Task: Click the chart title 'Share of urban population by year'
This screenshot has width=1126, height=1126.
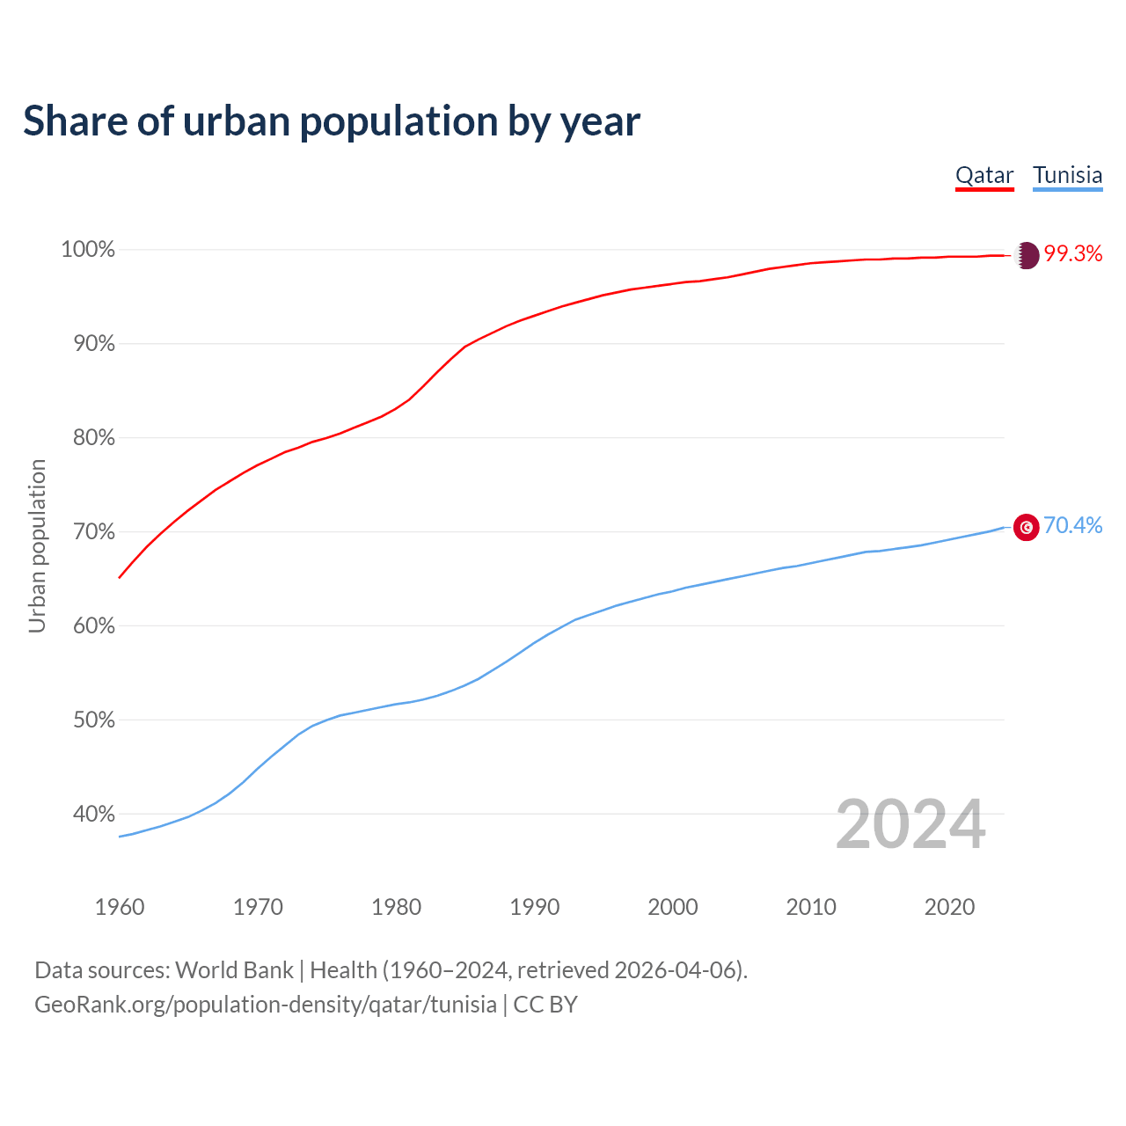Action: [x=332, y=121]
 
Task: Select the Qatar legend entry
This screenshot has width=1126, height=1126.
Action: [x=984, y=175]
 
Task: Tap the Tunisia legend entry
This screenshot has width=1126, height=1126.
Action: [x=1067, y=175]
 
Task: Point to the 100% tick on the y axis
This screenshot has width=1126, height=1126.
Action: [x=88, y=250]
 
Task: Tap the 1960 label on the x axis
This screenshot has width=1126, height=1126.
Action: [x=120, y=907]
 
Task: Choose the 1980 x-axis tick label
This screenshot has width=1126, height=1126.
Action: [x=397, y=907]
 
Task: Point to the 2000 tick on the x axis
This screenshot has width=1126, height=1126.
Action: [x=673, y=907]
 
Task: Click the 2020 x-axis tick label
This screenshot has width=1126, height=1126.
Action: [x=949, y=907]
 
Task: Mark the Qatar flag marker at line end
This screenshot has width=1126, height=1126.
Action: [x=1027, y=255]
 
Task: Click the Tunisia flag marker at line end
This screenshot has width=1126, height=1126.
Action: [x=1027, y=527]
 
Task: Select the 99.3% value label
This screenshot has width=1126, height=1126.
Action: [x=1073, y=254]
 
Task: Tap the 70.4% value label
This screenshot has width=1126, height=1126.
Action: [x=1073, y=526]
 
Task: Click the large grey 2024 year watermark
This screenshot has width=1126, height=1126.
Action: [x=910, y=824]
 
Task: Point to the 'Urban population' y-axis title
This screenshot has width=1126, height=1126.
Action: [x=37, y=545]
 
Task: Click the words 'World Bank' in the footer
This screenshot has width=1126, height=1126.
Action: [x=234, y=970]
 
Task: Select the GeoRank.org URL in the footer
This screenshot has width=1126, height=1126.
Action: [x=265, y=1005]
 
